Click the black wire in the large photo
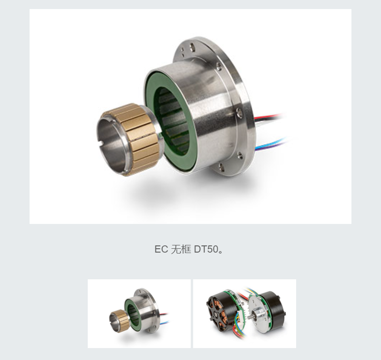(268, 120)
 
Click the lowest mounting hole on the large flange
(221, 167)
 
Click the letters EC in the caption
(161, 249)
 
